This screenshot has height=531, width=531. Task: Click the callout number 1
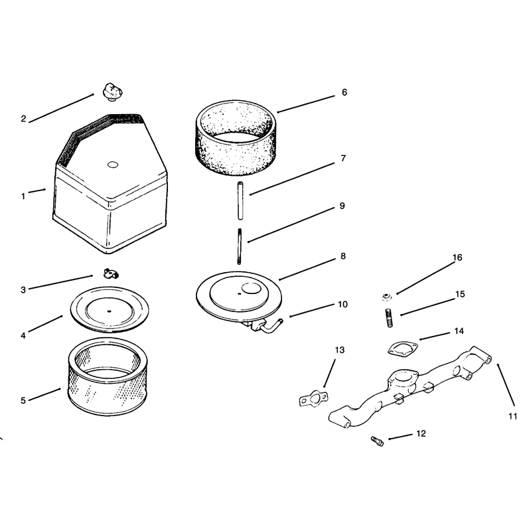(23, 196)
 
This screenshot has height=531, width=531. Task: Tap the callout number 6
(344, 92)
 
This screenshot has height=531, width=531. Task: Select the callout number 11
(512, 416)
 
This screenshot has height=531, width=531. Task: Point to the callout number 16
(457, 258)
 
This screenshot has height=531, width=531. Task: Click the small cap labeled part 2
(112, 92)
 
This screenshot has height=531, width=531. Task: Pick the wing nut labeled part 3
(111, 273)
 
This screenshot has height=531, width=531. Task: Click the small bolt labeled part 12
(377, 441)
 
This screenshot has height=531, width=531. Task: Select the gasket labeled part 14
(403, 349)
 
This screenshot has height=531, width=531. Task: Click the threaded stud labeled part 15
(389, 318)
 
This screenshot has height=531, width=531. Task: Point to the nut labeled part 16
(385, 297)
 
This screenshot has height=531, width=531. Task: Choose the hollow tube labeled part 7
(240, 200)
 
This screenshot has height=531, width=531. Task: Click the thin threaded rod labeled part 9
(240, 246)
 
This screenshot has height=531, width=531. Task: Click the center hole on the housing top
(113, 165)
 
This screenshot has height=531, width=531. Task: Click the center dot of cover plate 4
(109, 311)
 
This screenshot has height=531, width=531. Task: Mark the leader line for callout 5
(44, 394)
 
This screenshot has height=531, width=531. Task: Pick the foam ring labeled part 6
(236, 138)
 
